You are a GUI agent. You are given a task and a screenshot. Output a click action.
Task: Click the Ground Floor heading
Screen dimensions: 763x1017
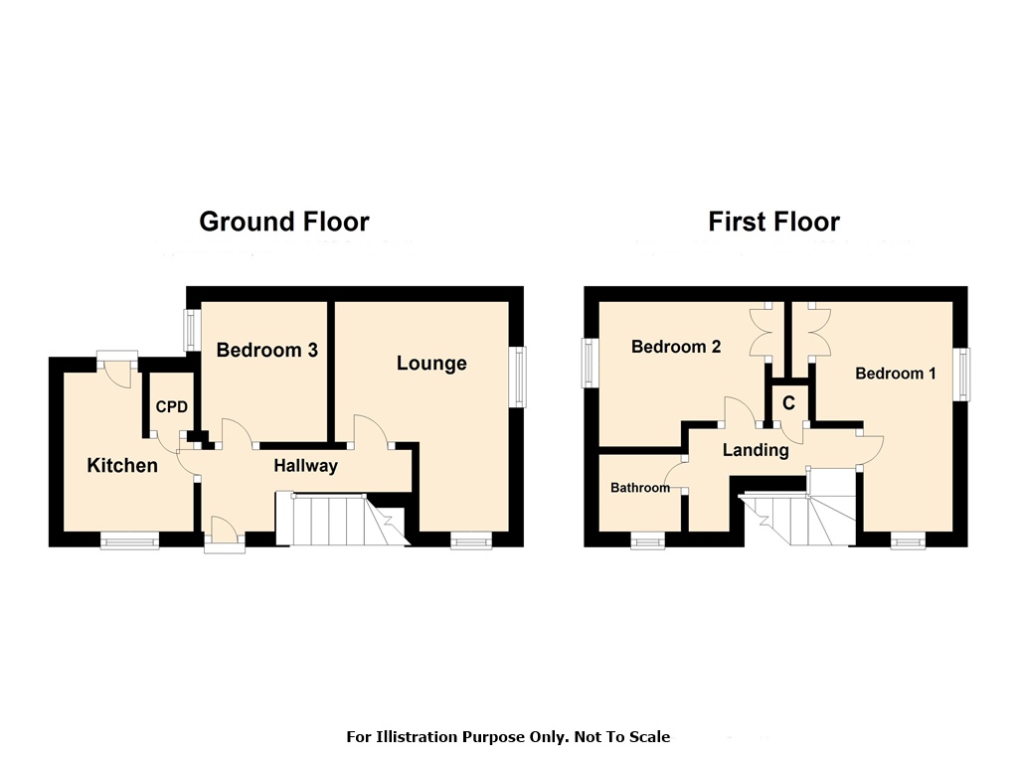[283, 222]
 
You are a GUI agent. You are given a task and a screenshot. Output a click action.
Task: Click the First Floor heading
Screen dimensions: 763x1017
[773, 222]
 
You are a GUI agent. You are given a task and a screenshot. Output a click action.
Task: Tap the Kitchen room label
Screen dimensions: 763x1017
[122, 465]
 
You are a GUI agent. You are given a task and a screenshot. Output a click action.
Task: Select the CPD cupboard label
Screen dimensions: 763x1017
[171, 406]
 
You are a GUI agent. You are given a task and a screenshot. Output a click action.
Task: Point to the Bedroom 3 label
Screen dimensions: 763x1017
[266, 350]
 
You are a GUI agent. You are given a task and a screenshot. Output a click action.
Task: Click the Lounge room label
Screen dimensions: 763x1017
[431, 364]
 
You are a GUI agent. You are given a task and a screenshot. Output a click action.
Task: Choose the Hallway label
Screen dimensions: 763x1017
[305, 465]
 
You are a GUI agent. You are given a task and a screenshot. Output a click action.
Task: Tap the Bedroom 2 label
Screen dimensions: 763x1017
[676, 347]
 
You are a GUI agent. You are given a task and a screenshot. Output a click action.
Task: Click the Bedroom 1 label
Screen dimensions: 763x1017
[895, 374]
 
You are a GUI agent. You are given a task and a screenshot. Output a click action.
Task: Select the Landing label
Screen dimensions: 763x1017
[756, 450]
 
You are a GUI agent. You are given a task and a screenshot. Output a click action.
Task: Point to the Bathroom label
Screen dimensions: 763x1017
[639, 488]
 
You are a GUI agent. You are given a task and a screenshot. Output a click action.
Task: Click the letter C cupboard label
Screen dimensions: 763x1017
[788, 403]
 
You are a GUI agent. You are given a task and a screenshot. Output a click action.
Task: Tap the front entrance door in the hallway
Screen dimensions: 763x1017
[223, 533]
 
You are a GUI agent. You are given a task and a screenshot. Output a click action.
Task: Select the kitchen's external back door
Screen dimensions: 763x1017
[115, 370]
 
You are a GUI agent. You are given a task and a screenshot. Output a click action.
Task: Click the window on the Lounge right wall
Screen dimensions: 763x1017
[518, 377]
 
